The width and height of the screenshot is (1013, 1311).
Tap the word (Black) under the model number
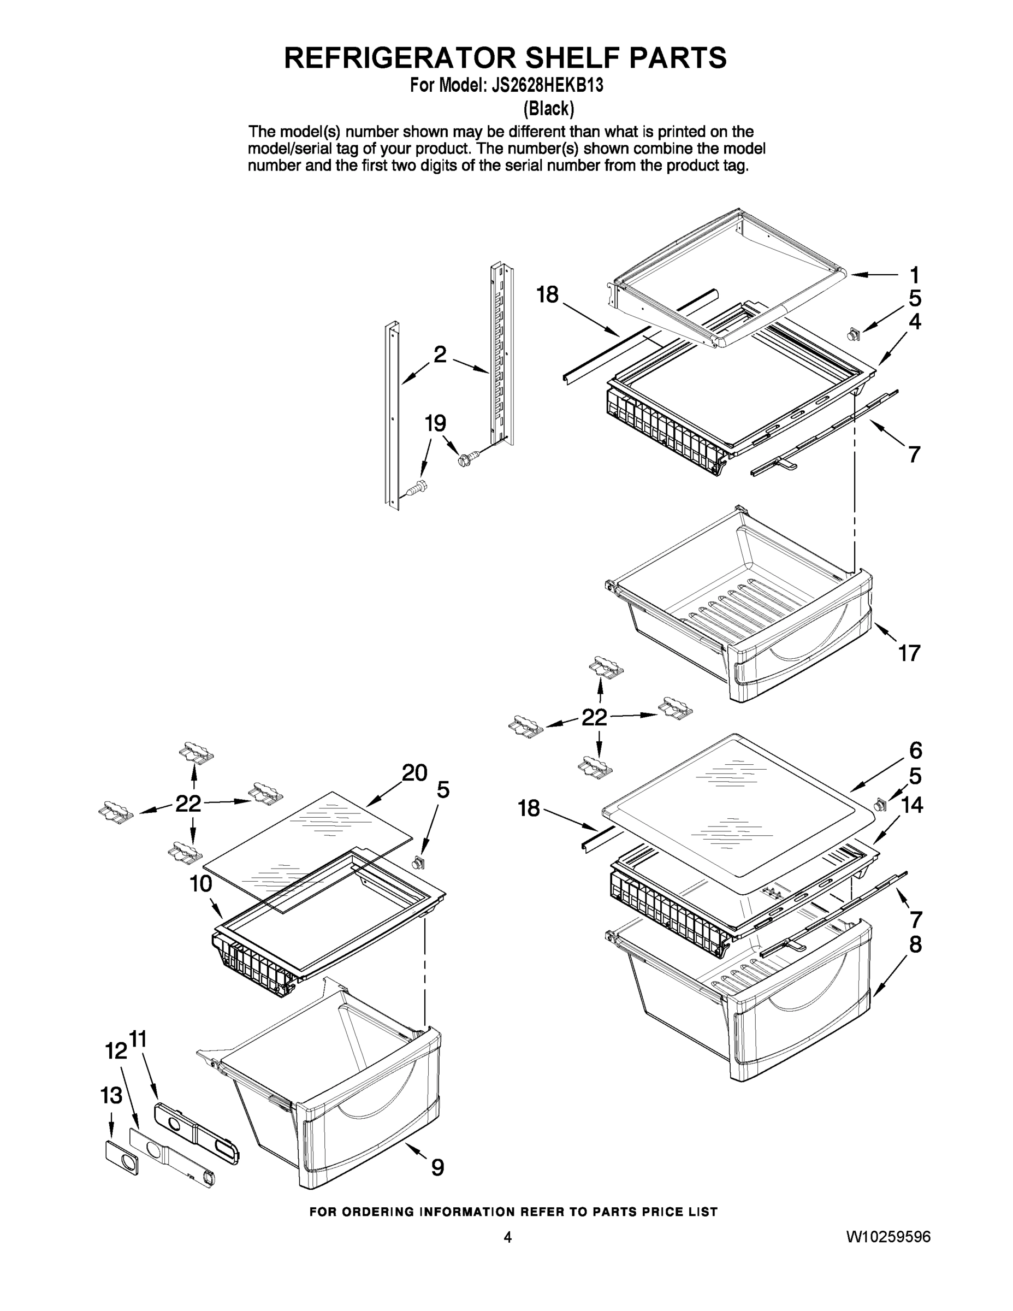coord(548,109)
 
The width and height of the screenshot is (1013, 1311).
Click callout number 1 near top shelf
coord(914,275)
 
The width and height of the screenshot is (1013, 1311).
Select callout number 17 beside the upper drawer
coord(909,653)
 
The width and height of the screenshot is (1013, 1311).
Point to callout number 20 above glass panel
coord(414,772)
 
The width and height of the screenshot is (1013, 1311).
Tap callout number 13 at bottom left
coord(111,1095)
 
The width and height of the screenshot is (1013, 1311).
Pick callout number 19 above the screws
coord(435,424)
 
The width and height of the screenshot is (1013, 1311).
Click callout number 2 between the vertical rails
coord(440,355)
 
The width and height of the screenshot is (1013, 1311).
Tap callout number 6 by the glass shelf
coord(915,751)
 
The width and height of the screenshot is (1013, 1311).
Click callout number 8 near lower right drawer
coord(915,945)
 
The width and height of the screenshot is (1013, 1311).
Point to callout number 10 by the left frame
coord(201,884)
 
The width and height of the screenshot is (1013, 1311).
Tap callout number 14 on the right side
coord(911,805)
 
